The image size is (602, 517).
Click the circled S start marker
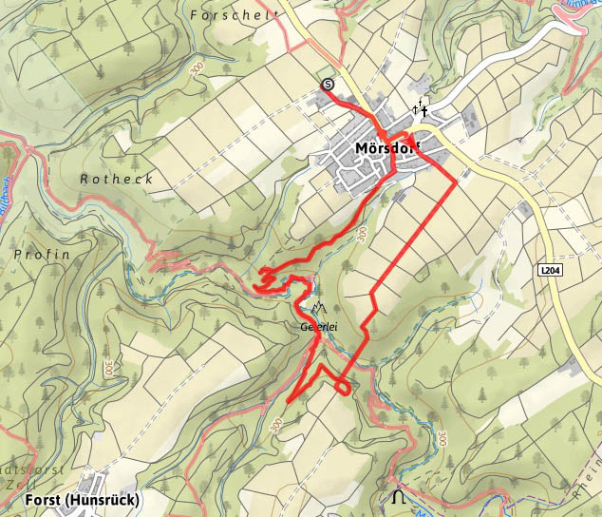point(329,85)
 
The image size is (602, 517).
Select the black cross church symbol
point(420,110)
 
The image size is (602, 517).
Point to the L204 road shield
point(551,270)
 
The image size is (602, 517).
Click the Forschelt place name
point(234,15)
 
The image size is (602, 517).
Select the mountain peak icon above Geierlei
point(318,308)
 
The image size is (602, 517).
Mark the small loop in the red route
point(342,385)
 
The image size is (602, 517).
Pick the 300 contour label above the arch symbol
point(442,438)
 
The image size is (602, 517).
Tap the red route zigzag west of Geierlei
point(271,277)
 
